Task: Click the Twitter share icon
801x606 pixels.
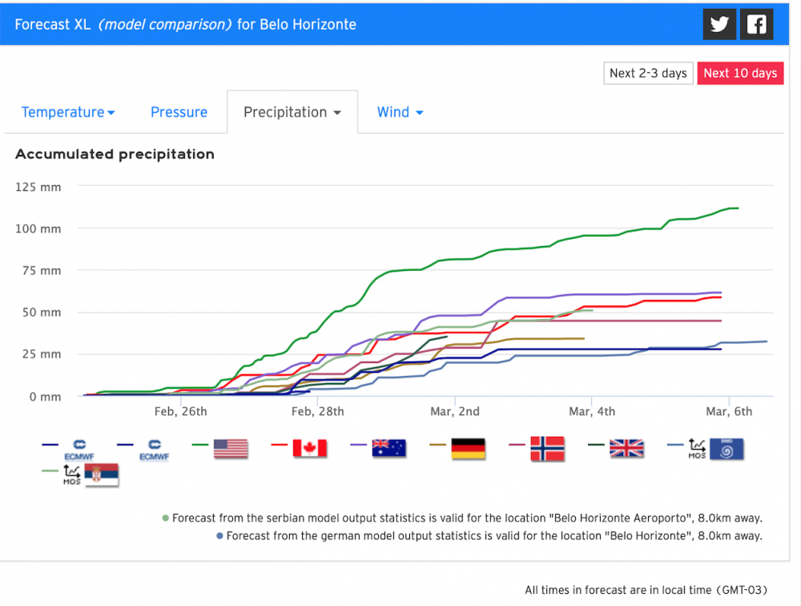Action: [x=719, y=24]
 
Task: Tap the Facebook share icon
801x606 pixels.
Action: [x=756, y=24]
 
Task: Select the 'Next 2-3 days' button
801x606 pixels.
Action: [x=648, y=73]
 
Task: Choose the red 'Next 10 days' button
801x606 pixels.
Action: [x=740, y=73]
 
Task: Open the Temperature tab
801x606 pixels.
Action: [x=68, y=112]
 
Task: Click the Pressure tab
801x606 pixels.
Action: [x=179, y=112]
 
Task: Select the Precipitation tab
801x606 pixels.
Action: [x=292, y=112]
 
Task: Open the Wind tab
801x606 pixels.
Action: [x=400, y=112]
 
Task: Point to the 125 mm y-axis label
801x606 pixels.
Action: [x=38, y=187]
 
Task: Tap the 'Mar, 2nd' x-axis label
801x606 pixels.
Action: [x=455, y=412]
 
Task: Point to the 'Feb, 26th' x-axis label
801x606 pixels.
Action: [x=181, y=412]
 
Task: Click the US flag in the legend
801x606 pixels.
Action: [x=231, y=447]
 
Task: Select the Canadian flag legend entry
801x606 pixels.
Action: [x=310, y=447]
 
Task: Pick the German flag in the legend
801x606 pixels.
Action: [x=468, y=447]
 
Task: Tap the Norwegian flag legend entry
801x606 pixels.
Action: [x=547, y=447]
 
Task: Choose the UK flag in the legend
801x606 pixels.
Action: [x=626, y=447]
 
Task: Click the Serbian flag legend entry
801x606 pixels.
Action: [x=101, y=476]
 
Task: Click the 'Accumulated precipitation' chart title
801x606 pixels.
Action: [x=115, y=154]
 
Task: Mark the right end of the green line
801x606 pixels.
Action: [x=738, y=208]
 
